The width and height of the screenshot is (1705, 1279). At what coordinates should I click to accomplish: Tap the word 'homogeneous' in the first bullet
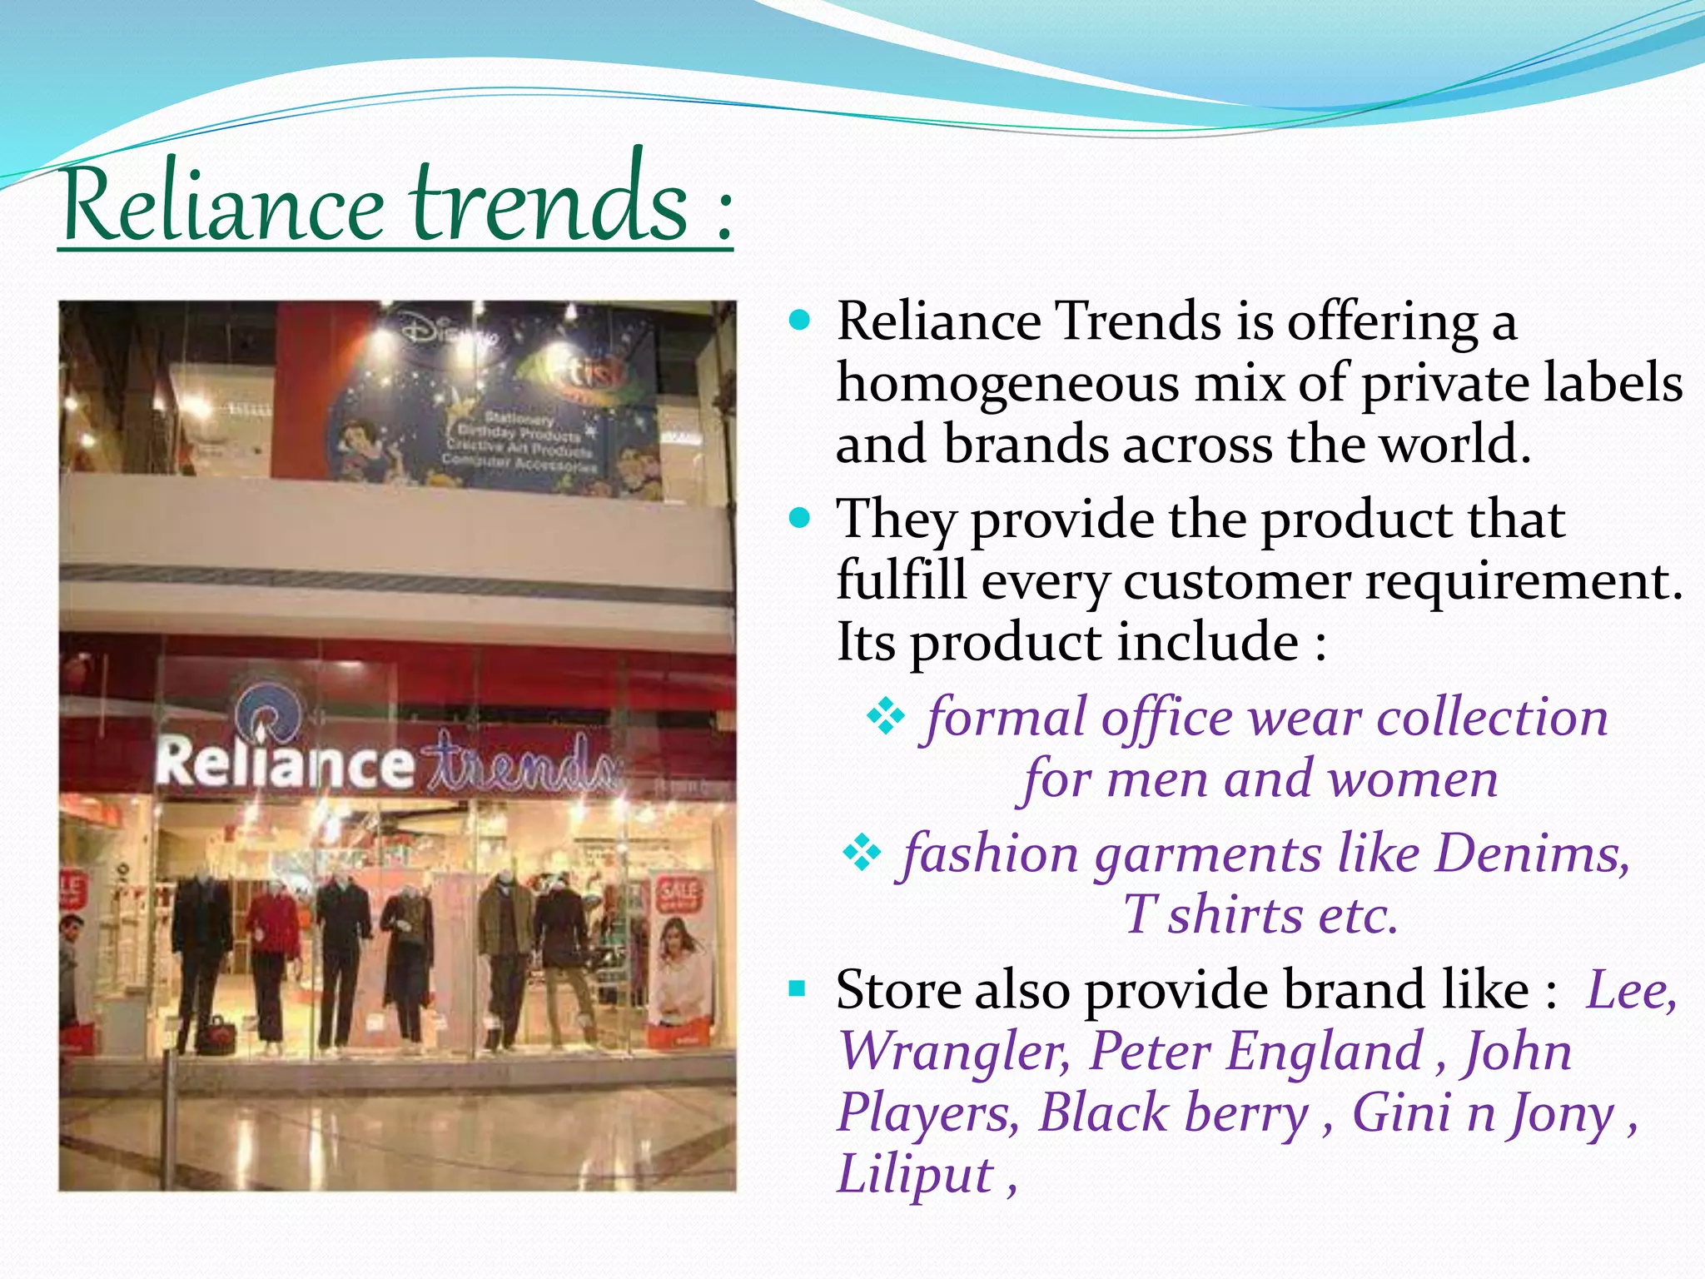pyautogui.click(x=1007, y=384)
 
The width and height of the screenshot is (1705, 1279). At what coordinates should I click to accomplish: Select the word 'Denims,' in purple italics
pyautogui.click(x=1533, y=853)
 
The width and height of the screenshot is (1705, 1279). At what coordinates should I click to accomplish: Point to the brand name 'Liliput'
pyautogui.click(x=915, y=1174)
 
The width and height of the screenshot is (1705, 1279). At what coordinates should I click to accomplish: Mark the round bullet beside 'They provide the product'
pyautogui.click(x=800, y=519)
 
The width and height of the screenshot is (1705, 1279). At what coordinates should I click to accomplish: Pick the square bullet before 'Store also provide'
pyautogui.click(x=798, y=989)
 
